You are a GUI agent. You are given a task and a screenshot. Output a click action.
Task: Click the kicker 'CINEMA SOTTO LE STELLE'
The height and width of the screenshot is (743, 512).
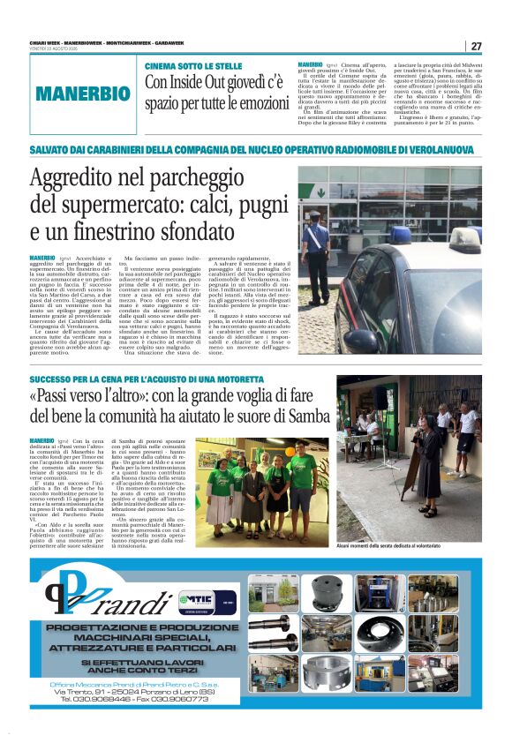193,66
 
